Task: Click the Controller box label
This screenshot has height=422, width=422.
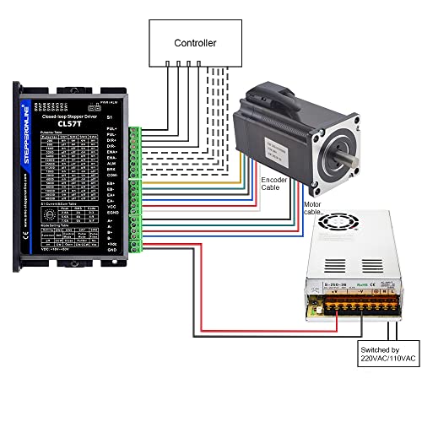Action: click(195, 42)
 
